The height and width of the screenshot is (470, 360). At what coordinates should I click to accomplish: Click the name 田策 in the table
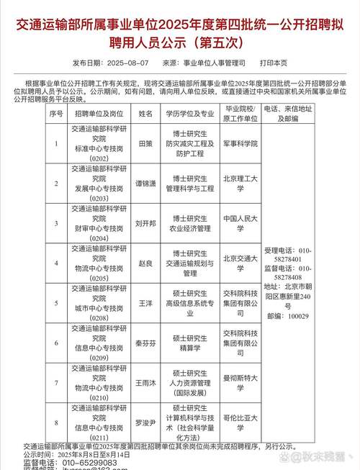tap(145, 144)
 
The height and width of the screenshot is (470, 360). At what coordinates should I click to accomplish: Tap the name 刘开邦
tap(145, 223)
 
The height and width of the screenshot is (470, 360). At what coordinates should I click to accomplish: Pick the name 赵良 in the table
tap(145, 263)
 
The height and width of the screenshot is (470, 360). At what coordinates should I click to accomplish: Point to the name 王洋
tap(145, 304)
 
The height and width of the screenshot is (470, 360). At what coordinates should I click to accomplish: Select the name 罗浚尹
tap(145, 423)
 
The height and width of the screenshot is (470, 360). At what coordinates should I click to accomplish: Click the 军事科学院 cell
tap(240, 144)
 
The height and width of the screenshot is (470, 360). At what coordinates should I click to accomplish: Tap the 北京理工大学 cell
tap(240, 184)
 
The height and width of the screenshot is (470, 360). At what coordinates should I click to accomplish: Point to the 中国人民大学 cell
tap(240, 223)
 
